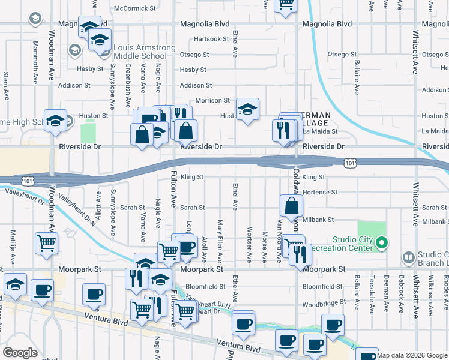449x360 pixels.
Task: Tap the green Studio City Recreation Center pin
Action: [382, 243]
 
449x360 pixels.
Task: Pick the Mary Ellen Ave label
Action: [220, 239]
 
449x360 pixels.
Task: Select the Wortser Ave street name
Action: [249, 244]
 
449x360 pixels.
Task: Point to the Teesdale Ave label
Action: [372, 294]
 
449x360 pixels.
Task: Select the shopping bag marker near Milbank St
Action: [291, 205]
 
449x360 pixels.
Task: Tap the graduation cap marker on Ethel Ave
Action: [247, 109]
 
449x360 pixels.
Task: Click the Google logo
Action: [20, 353]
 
